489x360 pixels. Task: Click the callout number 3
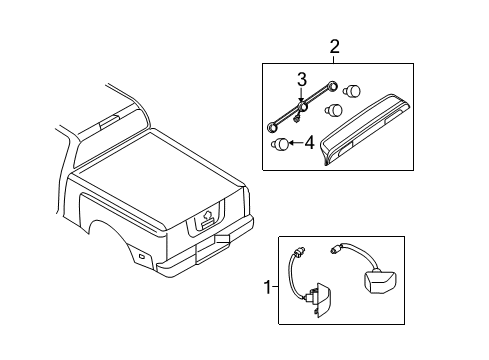click(x=298, y=78)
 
